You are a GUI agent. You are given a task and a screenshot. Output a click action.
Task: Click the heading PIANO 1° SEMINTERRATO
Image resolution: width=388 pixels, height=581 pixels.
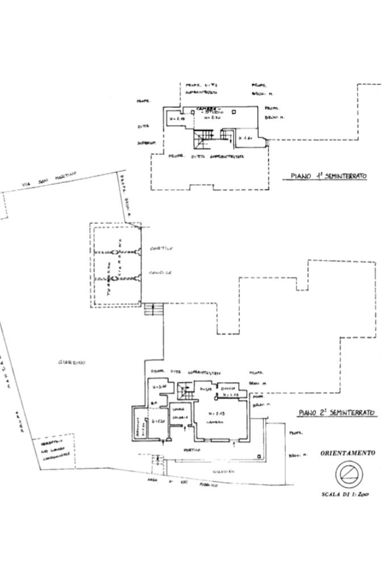[328, 176]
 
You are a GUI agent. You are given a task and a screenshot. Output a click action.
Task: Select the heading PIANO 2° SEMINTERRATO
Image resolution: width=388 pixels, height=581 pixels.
[336, 413]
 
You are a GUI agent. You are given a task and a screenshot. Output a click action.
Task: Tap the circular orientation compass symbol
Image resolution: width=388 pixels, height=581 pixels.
[347, 473]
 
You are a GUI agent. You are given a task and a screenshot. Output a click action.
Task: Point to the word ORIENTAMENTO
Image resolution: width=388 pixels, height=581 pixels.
[348, 453]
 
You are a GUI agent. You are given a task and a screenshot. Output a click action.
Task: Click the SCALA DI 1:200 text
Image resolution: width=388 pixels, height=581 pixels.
[345, 494]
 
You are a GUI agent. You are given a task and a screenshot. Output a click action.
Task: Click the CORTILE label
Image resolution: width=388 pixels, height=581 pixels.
[161, 249]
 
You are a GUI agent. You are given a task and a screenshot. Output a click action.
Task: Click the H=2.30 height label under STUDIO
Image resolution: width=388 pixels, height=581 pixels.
[211, 118]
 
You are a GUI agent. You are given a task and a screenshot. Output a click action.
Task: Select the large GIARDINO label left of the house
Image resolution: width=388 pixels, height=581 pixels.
[72, 362]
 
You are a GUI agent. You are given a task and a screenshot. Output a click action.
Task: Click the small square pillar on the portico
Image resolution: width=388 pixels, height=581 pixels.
[259, 457]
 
